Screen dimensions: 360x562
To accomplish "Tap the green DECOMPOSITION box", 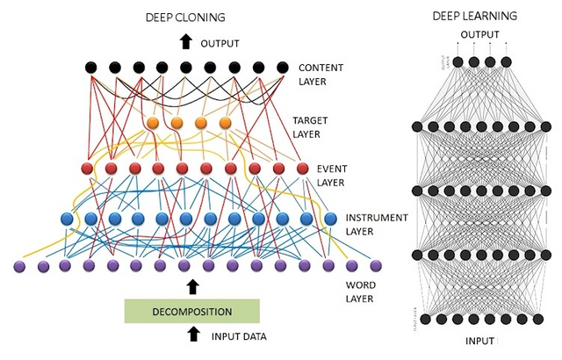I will click(191, 311).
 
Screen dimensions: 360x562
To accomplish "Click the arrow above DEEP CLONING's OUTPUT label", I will click(184, 41).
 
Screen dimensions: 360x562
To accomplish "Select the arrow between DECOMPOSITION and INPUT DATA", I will click(193, 335).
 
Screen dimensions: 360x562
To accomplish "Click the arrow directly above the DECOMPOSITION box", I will click(193, 286).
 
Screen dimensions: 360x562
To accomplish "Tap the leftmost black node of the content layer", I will click(90, 67).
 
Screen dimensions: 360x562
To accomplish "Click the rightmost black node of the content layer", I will click(282, 67).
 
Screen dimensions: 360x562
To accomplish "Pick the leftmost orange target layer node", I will click(152, 123).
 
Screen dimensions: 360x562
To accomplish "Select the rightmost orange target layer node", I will click(225, 123).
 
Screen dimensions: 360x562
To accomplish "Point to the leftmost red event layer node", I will click(88, 168).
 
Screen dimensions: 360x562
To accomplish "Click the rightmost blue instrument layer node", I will click(330, 219).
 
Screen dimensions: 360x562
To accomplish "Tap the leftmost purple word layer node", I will click(19, 265).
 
